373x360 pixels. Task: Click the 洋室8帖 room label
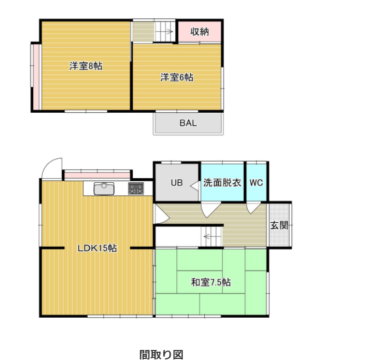pyautogui.click(x=86, y=66)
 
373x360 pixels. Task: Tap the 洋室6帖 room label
pyautogui.click(x=177, y=77)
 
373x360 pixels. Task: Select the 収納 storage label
pyautogui.click(x=200, y=32)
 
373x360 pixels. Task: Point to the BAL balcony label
pyautogui.click(x=188, y=123)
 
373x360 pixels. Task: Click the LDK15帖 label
pyautogui.click(x=97, y=248)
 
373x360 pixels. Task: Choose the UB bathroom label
pyautogui.click(x=177, y=183)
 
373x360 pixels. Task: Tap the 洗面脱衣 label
pyautogui.click(x=222, y=183)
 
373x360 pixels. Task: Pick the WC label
pyautogui.click(x=256, y=183)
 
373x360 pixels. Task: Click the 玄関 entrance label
pyautogui.click(x=280, y=225)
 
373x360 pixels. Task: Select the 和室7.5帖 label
pyautogui.click(x=211, y=282)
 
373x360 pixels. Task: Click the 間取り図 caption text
pyautogui.click(x=162, y=354)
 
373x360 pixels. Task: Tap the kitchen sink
pyautogui.click(x=104, y=188)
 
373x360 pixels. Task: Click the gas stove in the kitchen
pyautogui.click(x=136, y=188)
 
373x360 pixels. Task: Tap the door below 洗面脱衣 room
pyautogui.click(x=210, y=210)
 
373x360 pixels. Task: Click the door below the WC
pyautogui.click(x=253, y=208)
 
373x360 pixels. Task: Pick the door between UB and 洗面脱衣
pyautogui.click(x=195, y=186)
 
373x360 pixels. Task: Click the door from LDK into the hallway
pyautogui.click(x=162, y=214)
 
